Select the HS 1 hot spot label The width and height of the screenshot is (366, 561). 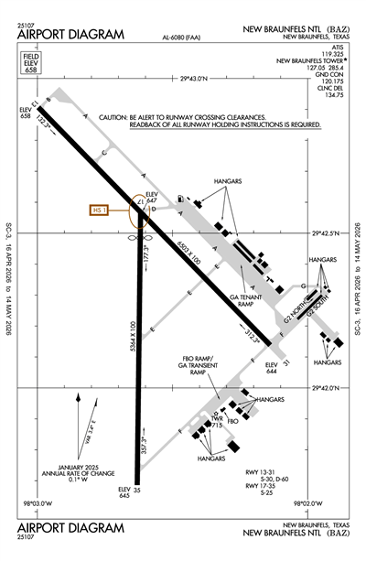[x=100, y=210]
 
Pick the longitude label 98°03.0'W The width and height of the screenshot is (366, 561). [x=38, y=502]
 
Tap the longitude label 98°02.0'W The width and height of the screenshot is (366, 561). [x=309, y=502]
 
